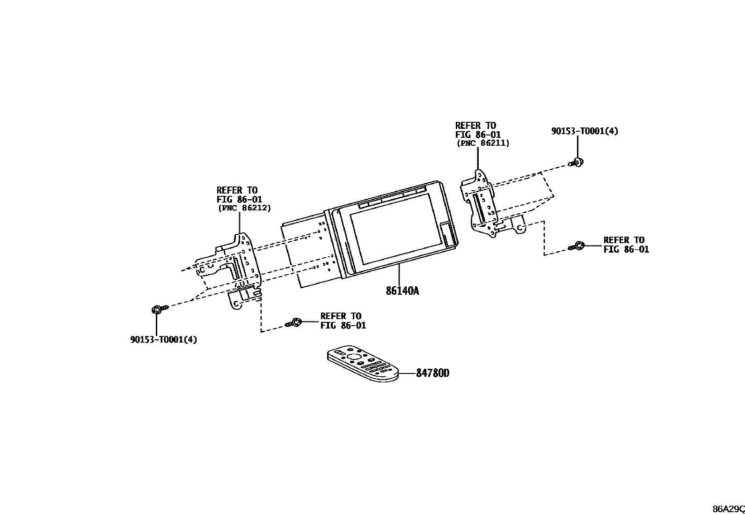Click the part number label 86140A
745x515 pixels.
(402, 291)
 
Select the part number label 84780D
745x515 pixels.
(433, 373)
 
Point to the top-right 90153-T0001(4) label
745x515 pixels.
(584, 131)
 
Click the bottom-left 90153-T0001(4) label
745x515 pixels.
(163, 339)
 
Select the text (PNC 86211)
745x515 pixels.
(482, 143)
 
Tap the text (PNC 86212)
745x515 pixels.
(244, 208)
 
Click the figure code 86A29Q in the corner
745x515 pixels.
(728, 509)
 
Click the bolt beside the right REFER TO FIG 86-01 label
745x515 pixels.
(577, 246)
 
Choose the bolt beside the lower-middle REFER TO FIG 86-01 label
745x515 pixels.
(294, 322)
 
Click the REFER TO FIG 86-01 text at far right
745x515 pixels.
(626, 245)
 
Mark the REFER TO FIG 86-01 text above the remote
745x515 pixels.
(343, 321)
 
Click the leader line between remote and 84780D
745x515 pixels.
(406, 373)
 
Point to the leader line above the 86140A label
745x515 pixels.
(399, 274)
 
